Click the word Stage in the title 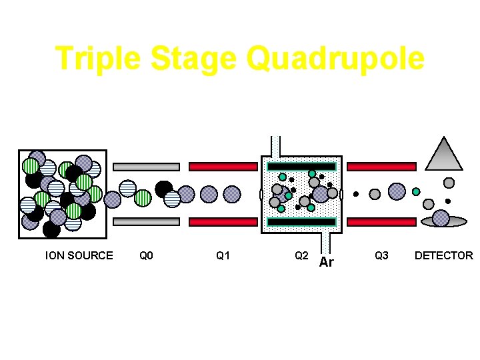click(194, 59)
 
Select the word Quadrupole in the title click(335, 59)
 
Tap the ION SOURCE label click(79, 255)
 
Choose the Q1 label click(223, 255)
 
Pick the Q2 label click(301, 255)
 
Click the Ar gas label click(326, 262)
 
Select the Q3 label click(381, 255)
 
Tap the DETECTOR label click(443, 255)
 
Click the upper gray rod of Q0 click(146, 167)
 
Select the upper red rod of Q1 click(223, 167)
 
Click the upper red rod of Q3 click(382, 167)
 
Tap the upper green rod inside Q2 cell click(301, 167)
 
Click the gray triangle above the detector click(444, 155)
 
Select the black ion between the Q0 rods click(163, 189)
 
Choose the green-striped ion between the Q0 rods click(143, 198)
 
